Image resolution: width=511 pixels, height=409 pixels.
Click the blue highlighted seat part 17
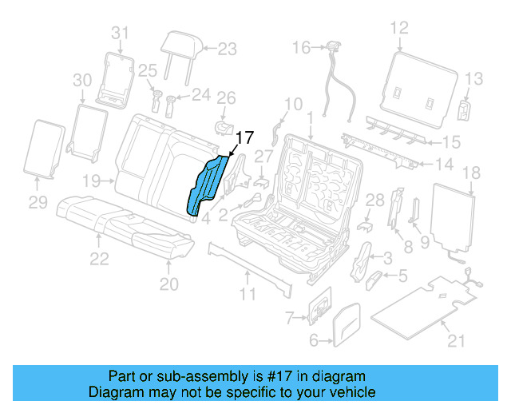207,185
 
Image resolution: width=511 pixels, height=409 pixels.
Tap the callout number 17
244,137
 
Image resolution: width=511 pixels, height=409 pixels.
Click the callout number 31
119,33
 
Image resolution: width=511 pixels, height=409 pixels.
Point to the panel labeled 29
46,148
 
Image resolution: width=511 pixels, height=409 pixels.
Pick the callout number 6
314,342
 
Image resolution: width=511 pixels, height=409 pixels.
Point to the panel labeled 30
89,127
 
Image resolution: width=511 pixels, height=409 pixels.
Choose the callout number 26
227,98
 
